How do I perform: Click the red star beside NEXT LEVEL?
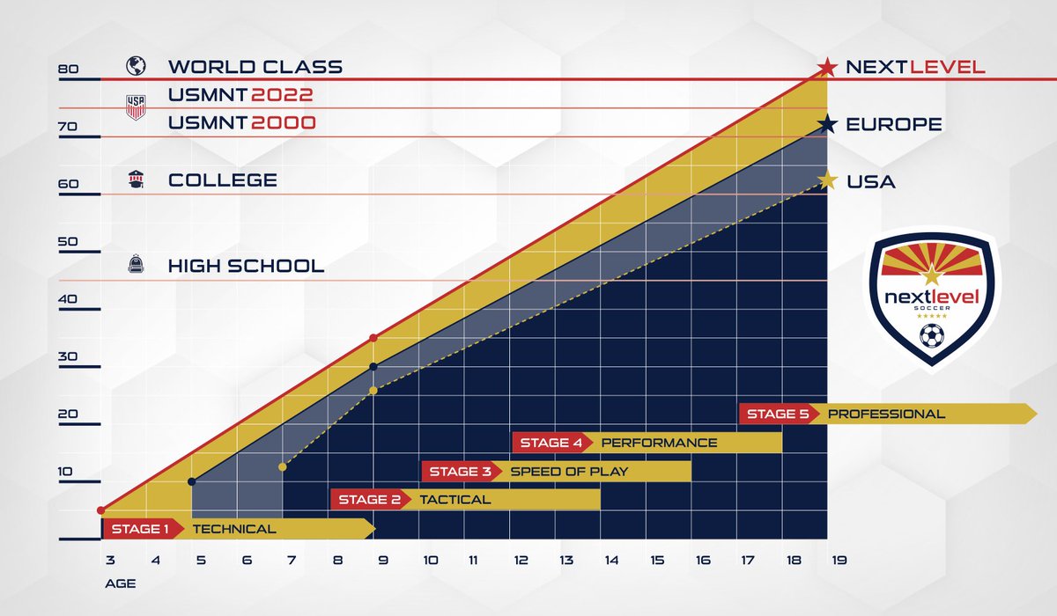[826, 67]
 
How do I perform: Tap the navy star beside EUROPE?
[826, 125]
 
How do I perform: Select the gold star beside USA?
[826, 181]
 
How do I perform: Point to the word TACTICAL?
[455, 500]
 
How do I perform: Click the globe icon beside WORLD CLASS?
[136, 66]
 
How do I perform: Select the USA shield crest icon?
[136, 107]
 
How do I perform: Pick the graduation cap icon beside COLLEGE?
[136, 180]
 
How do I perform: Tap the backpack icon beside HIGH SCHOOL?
[136, 264]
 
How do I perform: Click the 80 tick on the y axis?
[68, 70]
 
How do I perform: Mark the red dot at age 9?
[373, 338]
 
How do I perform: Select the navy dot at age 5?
[192, 481]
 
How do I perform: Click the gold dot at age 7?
[283, 466]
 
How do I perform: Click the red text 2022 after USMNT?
[283, 95]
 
